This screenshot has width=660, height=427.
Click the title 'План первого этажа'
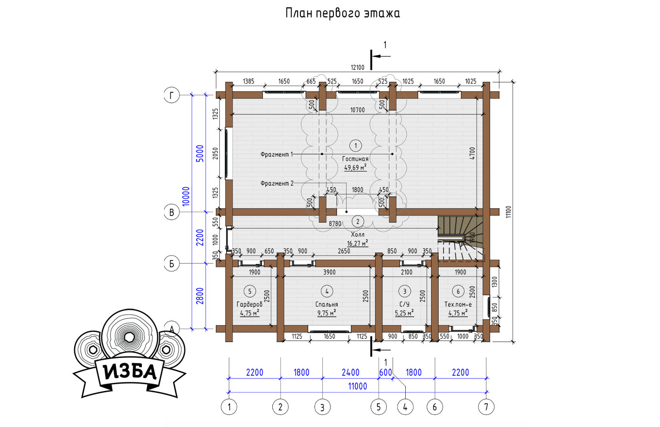(x=343, y=14)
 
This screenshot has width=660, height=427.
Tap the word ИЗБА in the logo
(x=130, y=372)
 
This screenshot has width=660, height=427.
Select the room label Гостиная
(x=355, y=159)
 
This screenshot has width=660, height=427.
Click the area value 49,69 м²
(x=355, y=167)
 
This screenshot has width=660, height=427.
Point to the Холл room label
(x=358, y=234)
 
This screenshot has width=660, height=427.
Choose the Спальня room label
(x=327, y=304)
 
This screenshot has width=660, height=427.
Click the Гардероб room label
(x=249, y=304)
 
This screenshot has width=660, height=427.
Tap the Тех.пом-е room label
(x=458, y=304)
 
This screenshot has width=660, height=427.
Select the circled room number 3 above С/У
(x=404, y=292)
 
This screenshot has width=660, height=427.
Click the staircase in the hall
(x=460, y=238)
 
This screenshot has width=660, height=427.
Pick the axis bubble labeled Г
(x=171, y=95)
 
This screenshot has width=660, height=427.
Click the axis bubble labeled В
(x=171, y=212)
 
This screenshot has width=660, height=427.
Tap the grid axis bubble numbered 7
(x=486, y=407)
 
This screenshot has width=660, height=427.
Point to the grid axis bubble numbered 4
(x=405, y=407)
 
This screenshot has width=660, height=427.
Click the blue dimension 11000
(x=357, y=386)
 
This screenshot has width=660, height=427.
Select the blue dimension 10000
(x=185, y=196)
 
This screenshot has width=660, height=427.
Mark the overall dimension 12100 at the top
(x=357, y=67)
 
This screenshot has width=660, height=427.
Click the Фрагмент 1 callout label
(x=277, y=154)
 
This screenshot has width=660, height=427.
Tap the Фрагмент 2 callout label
(x=277, y=183)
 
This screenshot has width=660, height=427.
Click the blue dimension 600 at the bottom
(x=385, y=373)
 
